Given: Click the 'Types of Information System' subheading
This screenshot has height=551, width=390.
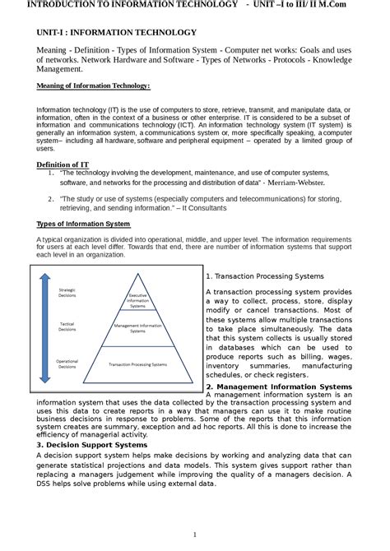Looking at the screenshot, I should tap(83, 224).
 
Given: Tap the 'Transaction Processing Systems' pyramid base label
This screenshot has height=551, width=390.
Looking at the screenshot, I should tap(137, 363).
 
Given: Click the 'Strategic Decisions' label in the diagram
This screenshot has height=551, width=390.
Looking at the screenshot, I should tap(67, 292).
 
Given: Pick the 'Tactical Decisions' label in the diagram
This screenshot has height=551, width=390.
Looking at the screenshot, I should tap(67, 326).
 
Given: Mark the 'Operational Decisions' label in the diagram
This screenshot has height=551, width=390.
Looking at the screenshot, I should tap(67, 363).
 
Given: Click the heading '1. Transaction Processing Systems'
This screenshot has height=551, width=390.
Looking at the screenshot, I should tap(264, 276).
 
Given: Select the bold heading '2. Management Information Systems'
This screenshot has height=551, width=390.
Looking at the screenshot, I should tap(278, 387).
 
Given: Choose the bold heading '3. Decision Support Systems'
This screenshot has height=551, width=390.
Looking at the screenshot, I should tap(91, 444).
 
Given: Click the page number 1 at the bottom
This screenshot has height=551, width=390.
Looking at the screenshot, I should tap(195, 535).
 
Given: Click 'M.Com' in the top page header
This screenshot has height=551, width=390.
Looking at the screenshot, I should tap(364, 5).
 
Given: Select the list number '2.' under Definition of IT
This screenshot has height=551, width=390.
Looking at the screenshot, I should tap(51, 198).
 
